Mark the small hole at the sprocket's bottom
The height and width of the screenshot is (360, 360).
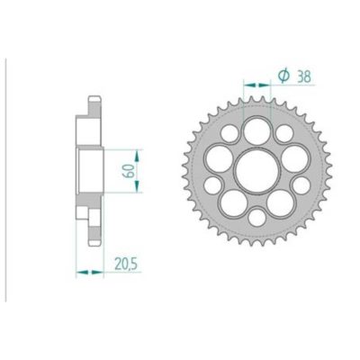257,216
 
